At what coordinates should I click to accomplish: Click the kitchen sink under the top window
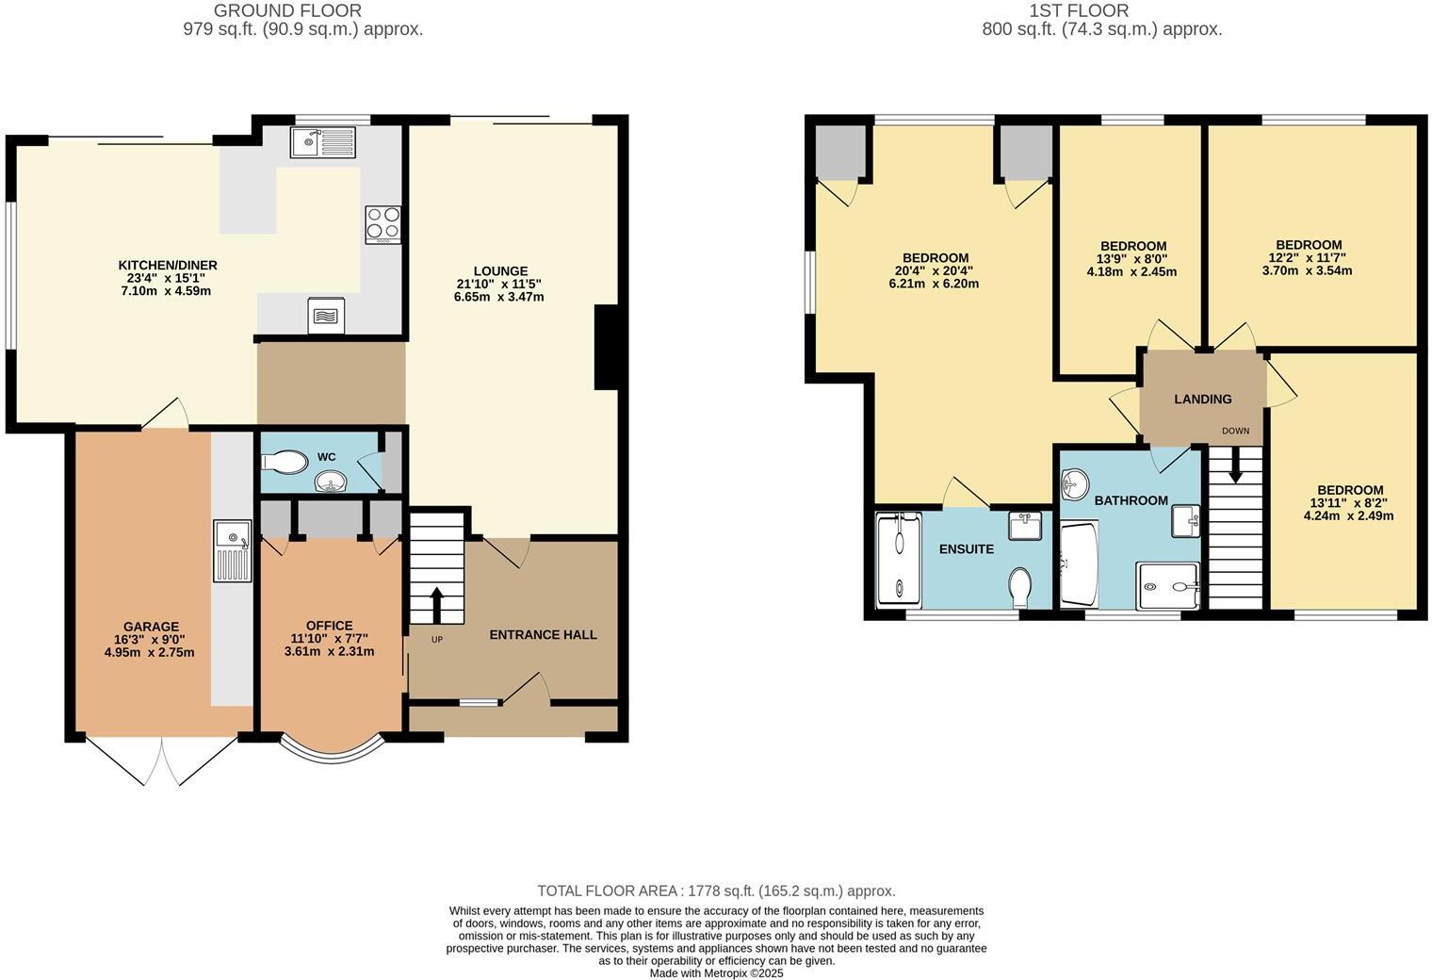point(323,142)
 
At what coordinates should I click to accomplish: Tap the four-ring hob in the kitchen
point(382,224)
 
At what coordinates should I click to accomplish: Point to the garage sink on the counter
point(232,551)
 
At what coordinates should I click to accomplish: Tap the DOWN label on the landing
point(1235,431)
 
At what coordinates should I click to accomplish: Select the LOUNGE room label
point(500,270)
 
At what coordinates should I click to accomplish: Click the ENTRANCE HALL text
point(543,634)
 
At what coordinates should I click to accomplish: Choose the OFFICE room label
point(329,626)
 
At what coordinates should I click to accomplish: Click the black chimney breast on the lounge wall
point(605,347)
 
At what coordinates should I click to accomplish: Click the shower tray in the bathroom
point(1168,586)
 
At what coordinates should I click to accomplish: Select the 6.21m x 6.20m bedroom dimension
point(934,283)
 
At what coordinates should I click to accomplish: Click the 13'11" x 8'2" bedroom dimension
point(1348,503)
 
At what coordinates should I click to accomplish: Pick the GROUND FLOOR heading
point(287,11)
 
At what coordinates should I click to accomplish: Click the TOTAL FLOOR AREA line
point(716,890)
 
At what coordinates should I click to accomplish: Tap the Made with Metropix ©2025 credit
point(716,973)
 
